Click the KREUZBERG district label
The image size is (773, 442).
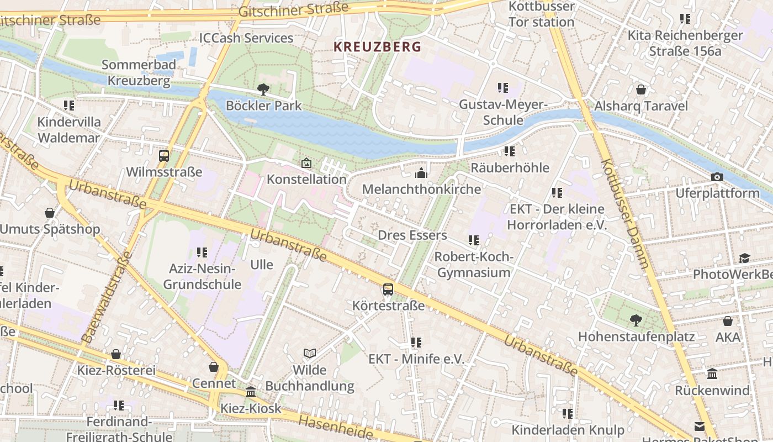[x=377, y=47]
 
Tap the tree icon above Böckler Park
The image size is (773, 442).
[x=263, y=89]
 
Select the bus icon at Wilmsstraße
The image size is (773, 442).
[x=164, y=156]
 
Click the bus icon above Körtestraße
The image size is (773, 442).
[x=388, y=289]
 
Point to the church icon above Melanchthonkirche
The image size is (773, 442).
[x=421, y=173]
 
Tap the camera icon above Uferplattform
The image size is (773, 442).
[x=717, y=177]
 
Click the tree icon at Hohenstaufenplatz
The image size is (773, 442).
[x=636, y=320]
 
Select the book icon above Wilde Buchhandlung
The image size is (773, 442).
[x=310, y=353]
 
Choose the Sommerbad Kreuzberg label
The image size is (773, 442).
[x=139, y=72]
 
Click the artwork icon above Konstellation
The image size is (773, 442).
[x=306, y=163]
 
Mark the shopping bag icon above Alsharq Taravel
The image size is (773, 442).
[x=641, y=90]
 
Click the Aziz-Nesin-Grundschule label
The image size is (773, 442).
[x=202, y=277]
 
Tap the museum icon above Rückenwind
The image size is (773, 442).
[x=712, y=374]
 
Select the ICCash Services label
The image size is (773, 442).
[x=246, y=38]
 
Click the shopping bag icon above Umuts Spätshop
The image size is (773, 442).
[x=50, y=213]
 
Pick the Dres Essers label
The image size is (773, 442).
[x=412, y=235]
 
